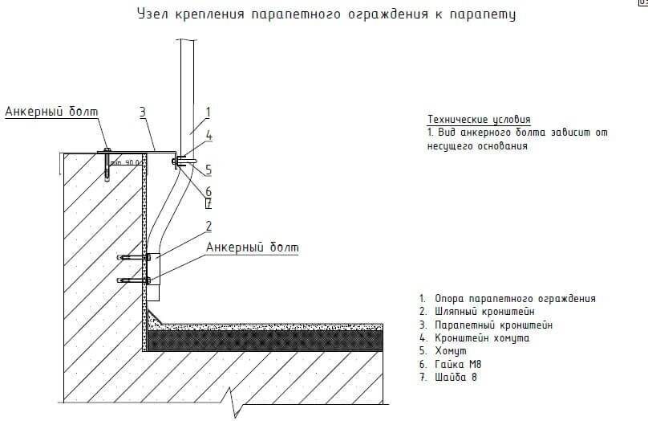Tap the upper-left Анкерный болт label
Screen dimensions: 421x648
(x=46, y=112)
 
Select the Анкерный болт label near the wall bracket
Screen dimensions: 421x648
(x=252, y=247)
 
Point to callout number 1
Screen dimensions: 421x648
(x=207, y=112)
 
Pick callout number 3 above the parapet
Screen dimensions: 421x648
(x=143, y=112)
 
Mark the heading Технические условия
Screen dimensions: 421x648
(x=480, y=118)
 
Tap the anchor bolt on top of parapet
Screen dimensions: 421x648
(x=107, y=164)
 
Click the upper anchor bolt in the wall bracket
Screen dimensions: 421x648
(x=133, y=257)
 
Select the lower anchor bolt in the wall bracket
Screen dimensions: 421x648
(x=133, y=280)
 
